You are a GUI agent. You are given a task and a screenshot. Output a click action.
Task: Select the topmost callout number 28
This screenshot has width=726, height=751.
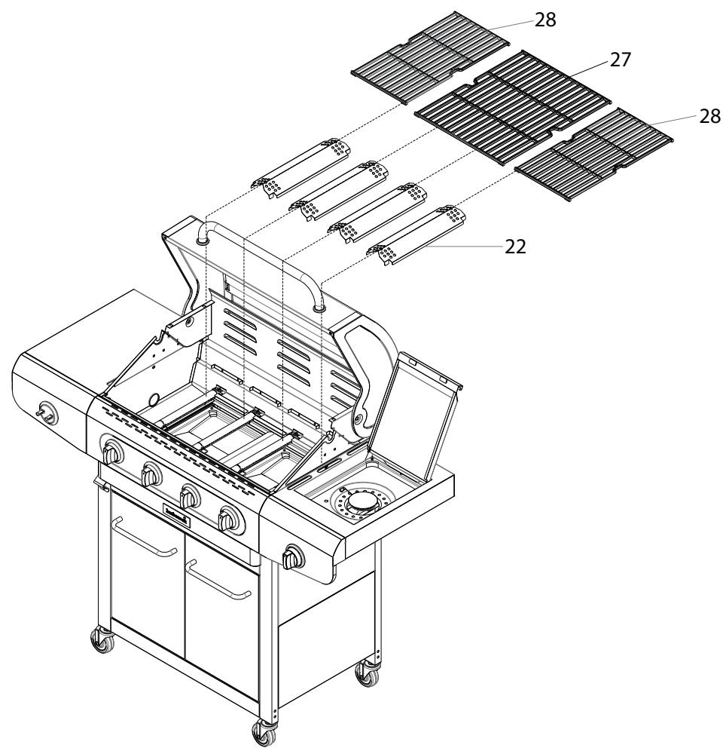[x=546, y=20]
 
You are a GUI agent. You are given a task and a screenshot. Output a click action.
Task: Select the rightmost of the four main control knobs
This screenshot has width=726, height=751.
[x=227, y=520]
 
